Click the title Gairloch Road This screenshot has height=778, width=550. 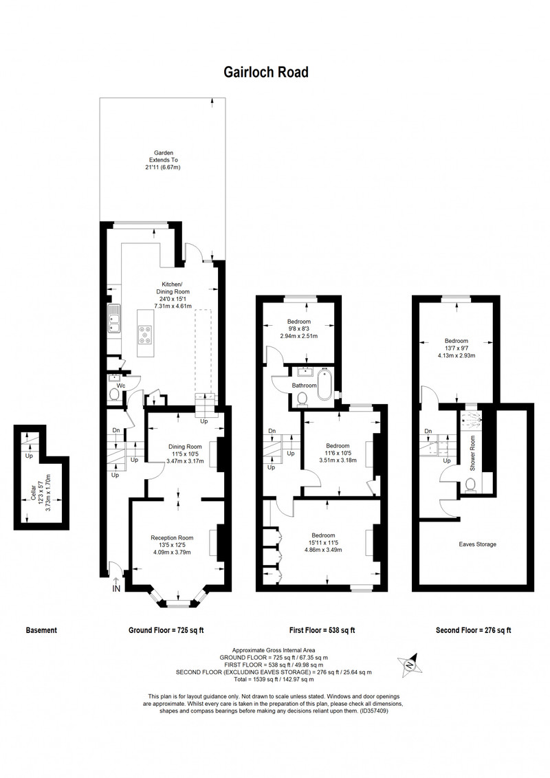point(266,72)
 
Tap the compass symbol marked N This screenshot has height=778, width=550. point(410,663)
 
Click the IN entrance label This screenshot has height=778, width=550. point(117,589)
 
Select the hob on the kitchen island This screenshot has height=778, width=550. point(146,334)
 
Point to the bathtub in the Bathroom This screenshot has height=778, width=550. point(324,385)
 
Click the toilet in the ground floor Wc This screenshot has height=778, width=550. point(114,394)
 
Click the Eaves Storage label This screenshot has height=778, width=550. point(477,544)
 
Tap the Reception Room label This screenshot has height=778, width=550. point(172,538)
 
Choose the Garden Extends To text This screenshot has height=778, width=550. point(164,157)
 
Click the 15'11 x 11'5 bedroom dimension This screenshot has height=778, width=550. point(323,543)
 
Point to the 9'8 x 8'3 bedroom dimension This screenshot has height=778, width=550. point(298,329)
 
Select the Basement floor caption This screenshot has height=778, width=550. point(41,630)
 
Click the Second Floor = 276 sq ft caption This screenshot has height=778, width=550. point(474,630)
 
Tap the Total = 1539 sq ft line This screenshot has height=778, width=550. point(274,679)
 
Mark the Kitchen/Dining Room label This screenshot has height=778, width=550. point(173,288)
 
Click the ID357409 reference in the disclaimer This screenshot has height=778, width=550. point(373,711)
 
